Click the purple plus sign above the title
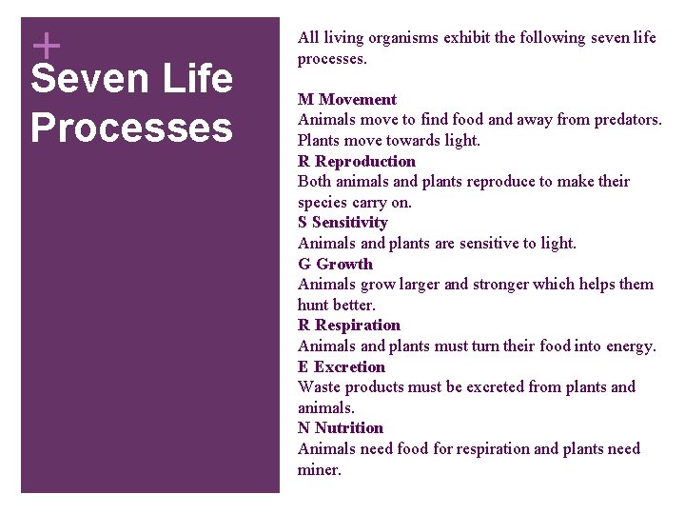(45, 45)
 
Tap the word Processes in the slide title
(131, 128)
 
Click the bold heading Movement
(358, 100)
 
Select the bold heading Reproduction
(365, 161)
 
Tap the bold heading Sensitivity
(351, 222)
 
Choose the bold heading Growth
(344, 264)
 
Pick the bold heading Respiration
(358, 325)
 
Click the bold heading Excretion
(349, 366)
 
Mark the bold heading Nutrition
(349, 427)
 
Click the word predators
(623, 120)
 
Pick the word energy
(629, 346)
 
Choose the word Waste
(319, 386)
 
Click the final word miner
(319, 469)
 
